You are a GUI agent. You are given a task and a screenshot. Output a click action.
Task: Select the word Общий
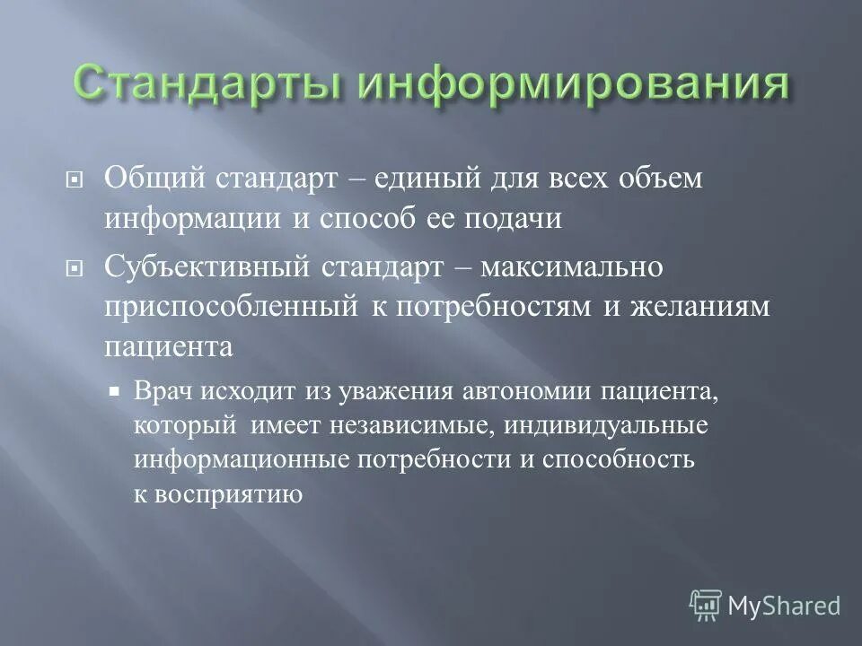154,179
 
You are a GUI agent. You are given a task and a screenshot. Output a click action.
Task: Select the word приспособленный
231,306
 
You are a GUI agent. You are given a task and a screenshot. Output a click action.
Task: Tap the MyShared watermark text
784,606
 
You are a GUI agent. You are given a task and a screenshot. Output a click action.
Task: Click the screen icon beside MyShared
706,606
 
